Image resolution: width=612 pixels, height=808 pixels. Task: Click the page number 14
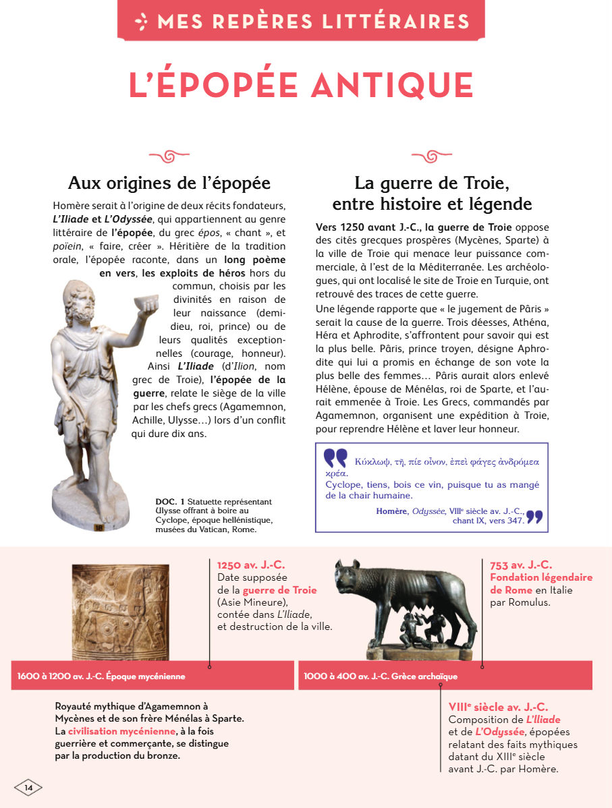[x=28, y=787]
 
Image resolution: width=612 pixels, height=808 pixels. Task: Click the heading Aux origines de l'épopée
[x=169, y=183]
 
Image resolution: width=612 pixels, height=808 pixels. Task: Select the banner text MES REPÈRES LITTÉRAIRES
[x=313, y=21]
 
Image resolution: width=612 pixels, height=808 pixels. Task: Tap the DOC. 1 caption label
[x=169, y=501]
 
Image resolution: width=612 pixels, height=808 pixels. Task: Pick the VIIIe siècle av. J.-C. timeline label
[x=498, y=707]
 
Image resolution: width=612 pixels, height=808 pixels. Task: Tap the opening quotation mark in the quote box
[x=335, y=458]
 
